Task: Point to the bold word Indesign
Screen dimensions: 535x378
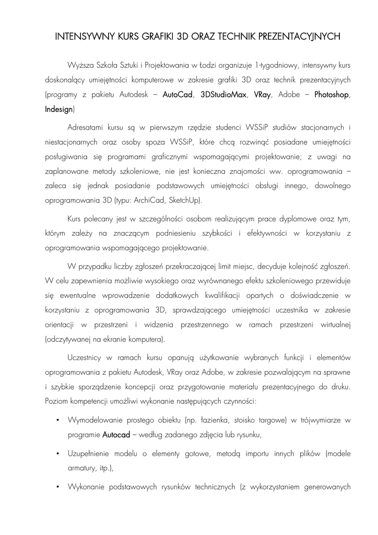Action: coord(60,110)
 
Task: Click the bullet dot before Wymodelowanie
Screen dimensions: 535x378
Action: coord(56,420)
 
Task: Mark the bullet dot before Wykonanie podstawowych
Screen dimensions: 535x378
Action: coord(56,486)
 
